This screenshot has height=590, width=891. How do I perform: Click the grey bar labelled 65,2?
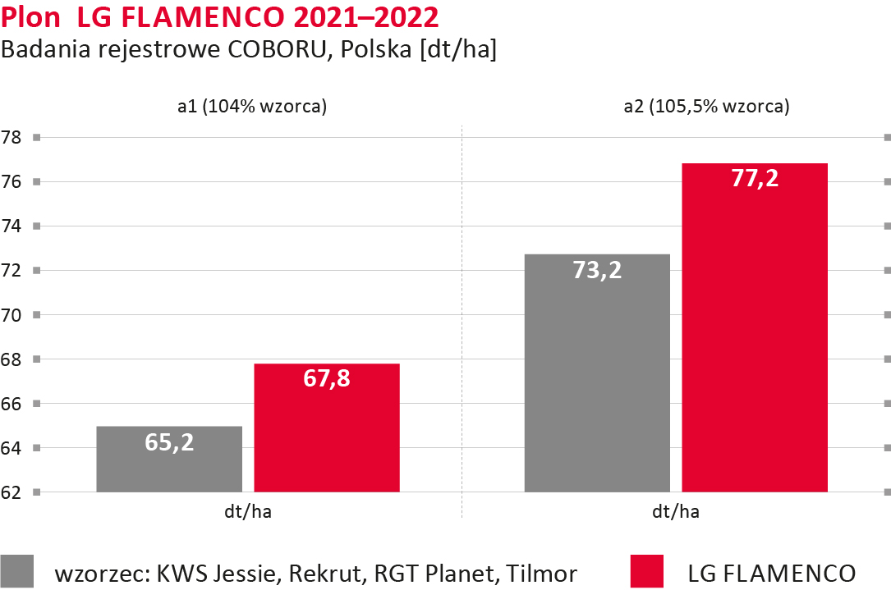point(169,460)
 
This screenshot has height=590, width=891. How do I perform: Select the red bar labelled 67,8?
point(327,428)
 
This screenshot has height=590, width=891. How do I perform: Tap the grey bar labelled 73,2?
point(597,373)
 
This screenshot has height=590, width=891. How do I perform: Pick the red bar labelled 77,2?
point(755,328)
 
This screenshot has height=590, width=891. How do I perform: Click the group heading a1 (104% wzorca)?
point(252,107)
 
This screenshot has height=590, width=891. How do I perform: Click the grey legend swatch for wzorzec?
point(17,571)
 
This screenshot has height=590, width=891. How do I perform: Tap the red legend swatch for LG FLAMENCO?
point(646,571)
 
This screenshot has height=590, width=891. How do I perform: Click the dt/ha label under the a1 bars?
point(248,513)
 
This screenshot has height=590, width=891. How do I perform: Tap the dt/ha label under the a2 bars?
point(676,513)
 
